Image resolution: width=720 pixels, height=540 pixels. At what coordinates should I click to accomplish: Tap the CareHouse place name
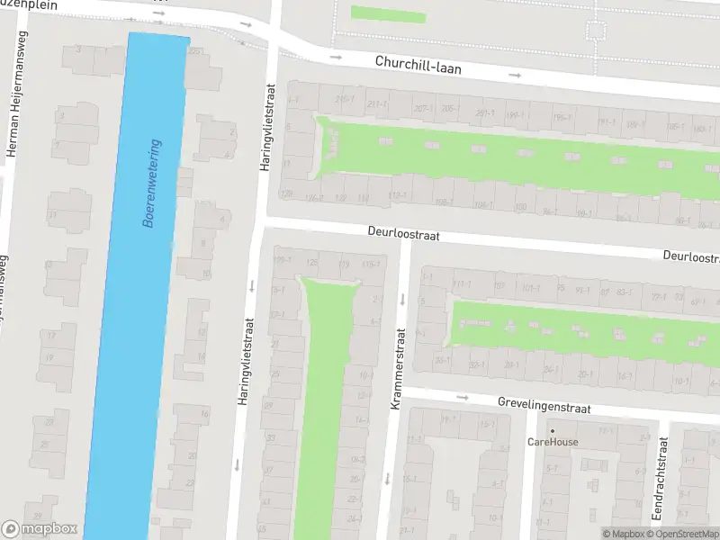(x=553, y=442)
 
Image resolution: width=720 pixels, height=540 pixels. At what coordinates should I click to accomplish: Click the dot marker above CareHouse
(x=553, y=430)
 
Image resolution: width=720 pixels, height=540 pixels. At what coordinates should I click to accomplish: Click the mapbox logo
(x=40, y=529)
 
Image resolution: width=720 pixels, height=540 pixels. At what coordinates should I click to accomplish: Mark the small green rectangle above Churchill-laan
(x=387, y=13)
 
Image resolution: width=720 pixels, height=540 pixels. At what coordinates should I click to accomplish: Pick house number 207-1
(x=423, y=109)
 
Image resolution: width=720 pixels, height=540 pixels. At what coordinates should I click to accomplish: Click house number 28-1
(x=511, y=364)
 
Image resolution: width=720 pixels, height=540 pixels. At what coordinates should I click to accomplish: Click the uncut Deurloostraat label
(x=403, y=233)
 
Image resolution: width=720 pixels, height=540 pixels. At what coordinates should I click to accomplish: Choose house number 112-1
(x=397, y=195)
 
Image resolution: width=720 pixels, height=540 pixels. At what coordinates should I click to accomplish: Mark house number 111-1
(x=462, y=283)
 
